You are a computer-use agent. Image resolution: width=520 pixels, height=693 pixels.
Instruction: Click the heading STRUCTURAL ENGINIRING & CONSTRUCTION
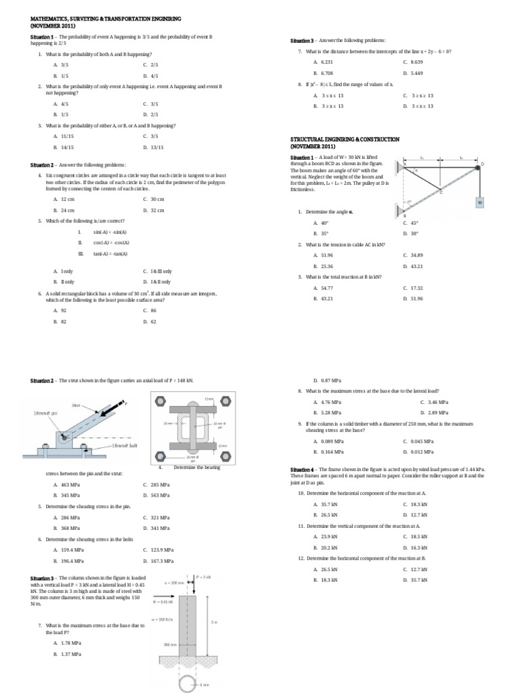point(345,139)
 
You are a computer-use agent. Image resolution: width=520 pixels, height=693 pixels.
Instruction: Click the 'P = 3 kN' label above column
point(204,577)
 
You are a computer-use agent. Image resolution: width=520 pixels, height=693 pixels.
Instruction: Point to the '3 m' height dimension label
point(214,622)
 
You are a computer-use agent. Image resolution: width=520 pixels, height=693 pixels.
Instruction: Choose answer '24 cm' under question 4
point(68,210)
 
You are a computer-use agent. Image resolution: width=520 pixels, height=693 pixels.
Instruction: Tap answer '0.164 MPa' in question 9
point(328,451)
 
